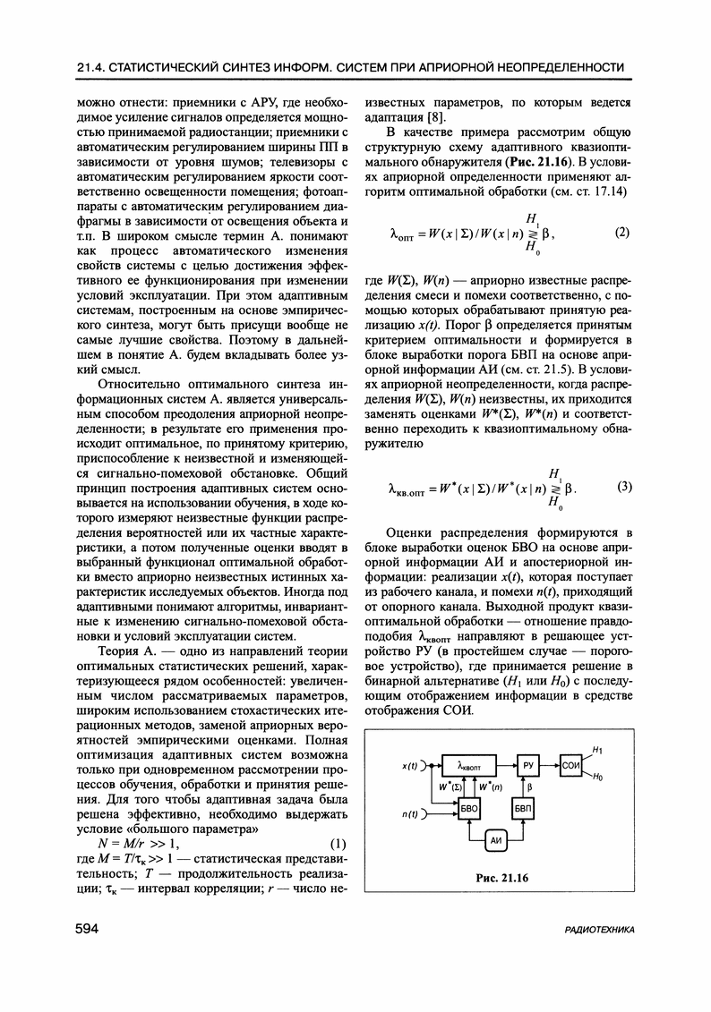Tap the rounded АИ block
(496, 841)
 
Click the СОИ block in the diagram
(572, 766)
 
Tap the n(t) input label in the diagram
(413, 814)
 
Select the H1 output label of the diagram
(597, 749)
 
